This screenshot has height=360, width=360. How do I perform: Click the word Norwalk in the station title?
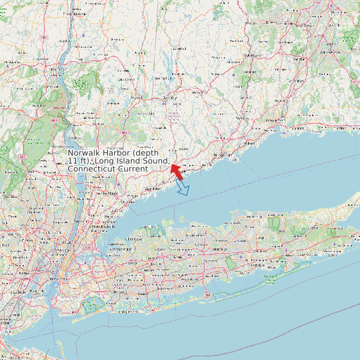pos(86,153)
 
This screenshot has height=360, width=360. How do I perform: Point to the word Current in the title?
pos(132,169)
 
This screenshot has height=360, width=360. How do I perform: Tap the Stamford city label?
pos(153,189)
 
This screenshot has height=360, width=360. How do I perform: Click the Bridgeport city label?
pos(223,155)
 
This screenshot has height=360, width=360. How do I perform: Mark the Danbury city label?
pos(171,98)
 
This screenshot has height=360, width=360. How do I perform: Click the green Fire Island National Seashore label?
pos(272,279)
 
